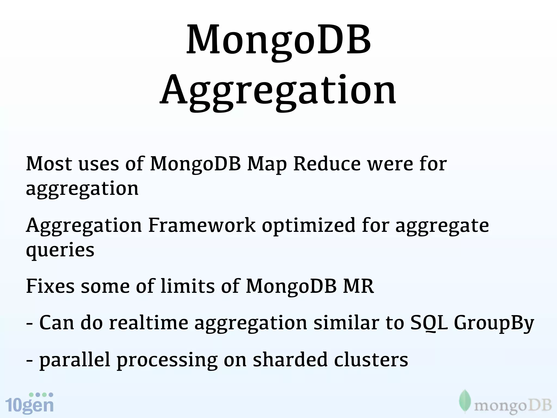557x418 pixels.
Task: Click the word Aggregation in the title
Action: [278, 91]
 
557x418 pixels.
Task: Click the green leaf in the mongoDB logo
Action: [465, 401]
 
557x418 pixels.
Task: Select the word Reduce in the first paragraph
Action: [327, 164]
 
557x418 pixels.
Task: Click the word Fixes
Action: [50, 286]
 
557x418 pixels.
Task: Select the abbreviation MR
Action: [358, 286]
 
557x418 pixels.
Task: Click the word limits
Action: [188, 286]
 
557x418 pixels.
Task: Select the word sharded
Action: [290, 359]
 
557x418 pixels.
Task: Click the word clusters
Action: [371, 359]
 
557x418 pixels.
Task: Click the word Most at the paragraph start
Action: [49, 164]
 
